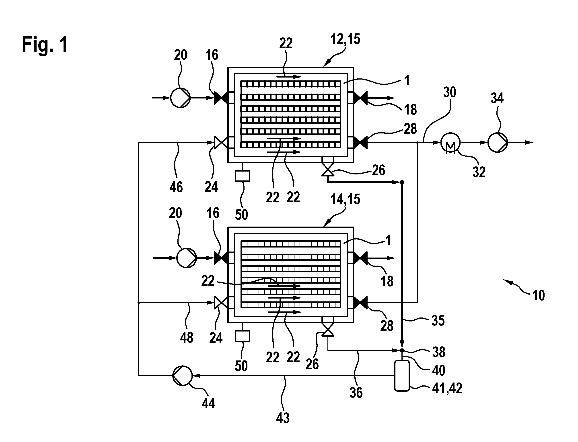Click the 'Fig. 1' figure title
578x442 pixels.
tap(45, 44)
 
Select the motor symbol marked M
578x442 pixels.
tap(450, 143)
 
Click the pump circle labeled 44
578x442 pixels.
tap(182, 376)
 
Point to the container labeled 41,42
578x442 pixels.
tap(402, 376)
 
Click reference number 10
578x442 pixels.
tap(538, 295)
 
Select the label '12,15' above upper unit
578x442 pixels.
tap(345, 39)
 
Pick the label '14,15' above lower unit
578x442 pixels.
tap(345, 199)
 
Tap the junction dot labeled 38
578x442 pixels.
tap(402, 350)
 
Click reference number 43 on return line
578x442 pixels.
tap(283, 418)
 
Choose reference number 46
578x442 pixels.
tap(176, 187)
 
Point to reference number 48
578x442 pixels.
tap(187, 338)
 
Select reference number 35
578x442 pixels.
tap(438, 321)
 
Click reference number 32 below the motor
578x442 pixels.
tap(479, 172)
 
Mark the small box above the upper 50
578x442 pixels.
tap(243, 176)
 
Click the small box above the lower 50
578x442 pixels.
tap(243, 336)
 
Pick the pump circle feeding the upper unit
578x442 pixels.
tap(180, 98)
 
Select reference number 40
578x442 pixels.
tap(438, 370)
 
